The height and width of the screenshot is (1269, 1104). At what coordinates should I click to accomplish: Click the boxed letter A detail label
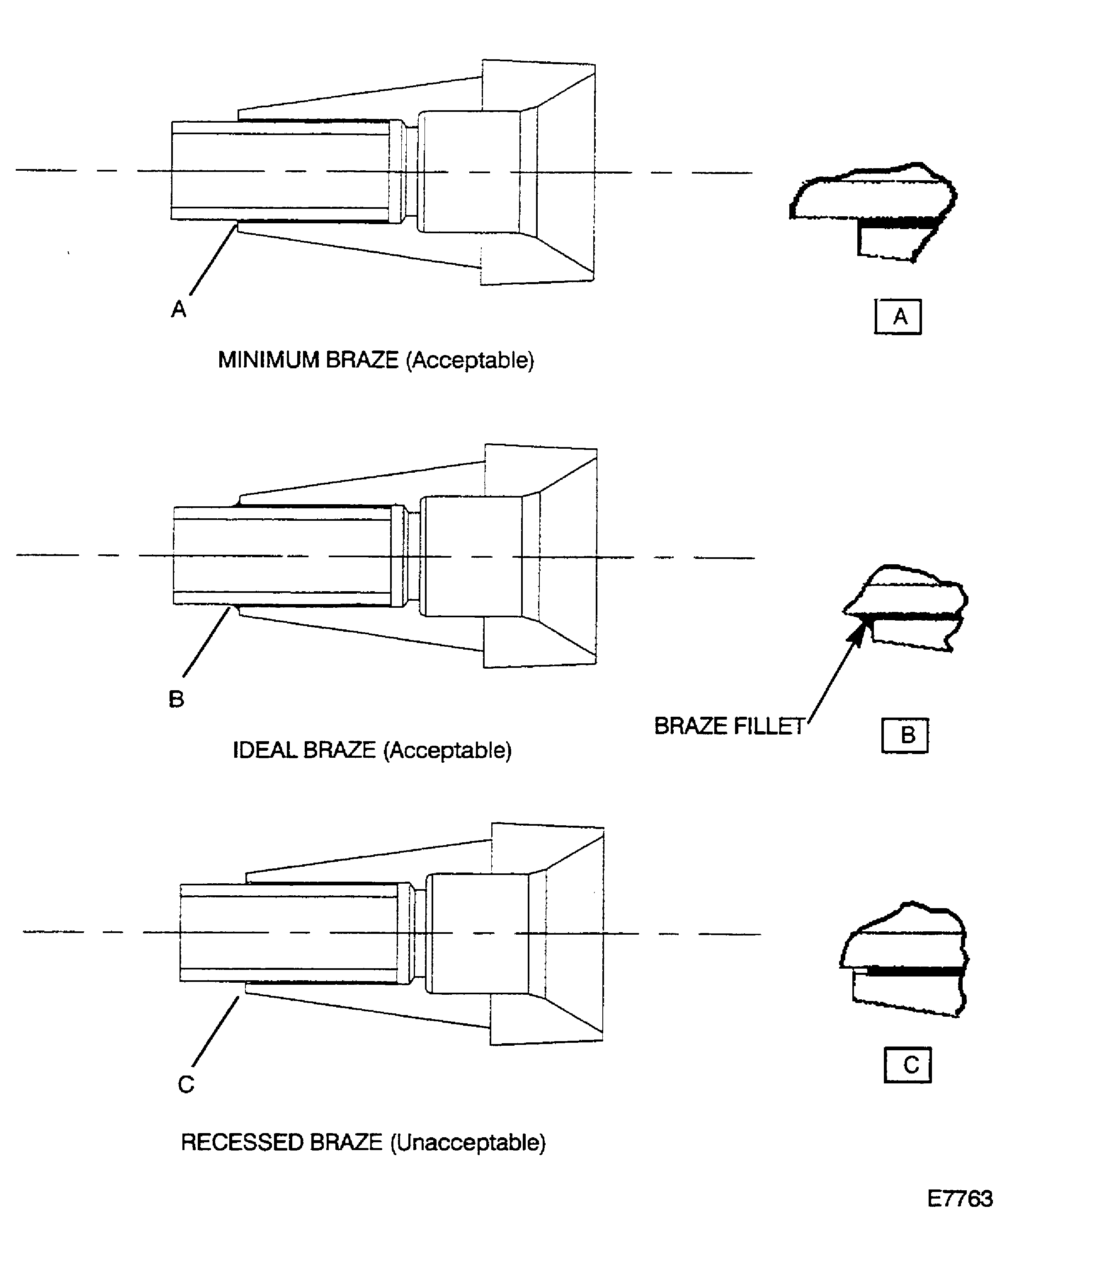click(898, 317)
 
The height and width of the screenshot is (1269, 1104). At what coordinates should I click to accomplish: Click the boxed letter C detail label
click(908, 1065)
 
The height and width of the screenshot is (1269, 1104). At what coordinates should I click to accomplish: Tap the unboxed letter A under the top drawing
click(179, 309)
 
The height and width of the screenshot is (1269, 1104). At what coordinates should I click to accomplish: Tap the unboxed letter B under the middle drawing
click(176, 699)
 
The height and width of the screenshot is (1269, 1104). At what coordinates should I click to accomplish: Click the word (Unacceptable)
click(468, 1143)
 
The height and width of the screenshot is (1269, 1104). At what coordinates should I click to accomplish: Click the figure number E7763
click(960, 1199)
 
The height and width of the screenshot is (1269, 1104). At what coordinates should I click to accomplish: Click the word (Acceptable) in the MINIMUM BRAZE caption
click(470, 360)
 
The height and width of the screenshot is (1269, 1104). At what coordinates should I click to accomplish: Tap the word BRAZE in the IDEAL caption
click(340, 750)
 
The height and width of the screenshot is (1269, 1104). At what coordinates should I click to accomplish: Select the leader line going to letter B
click(207, 642)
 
